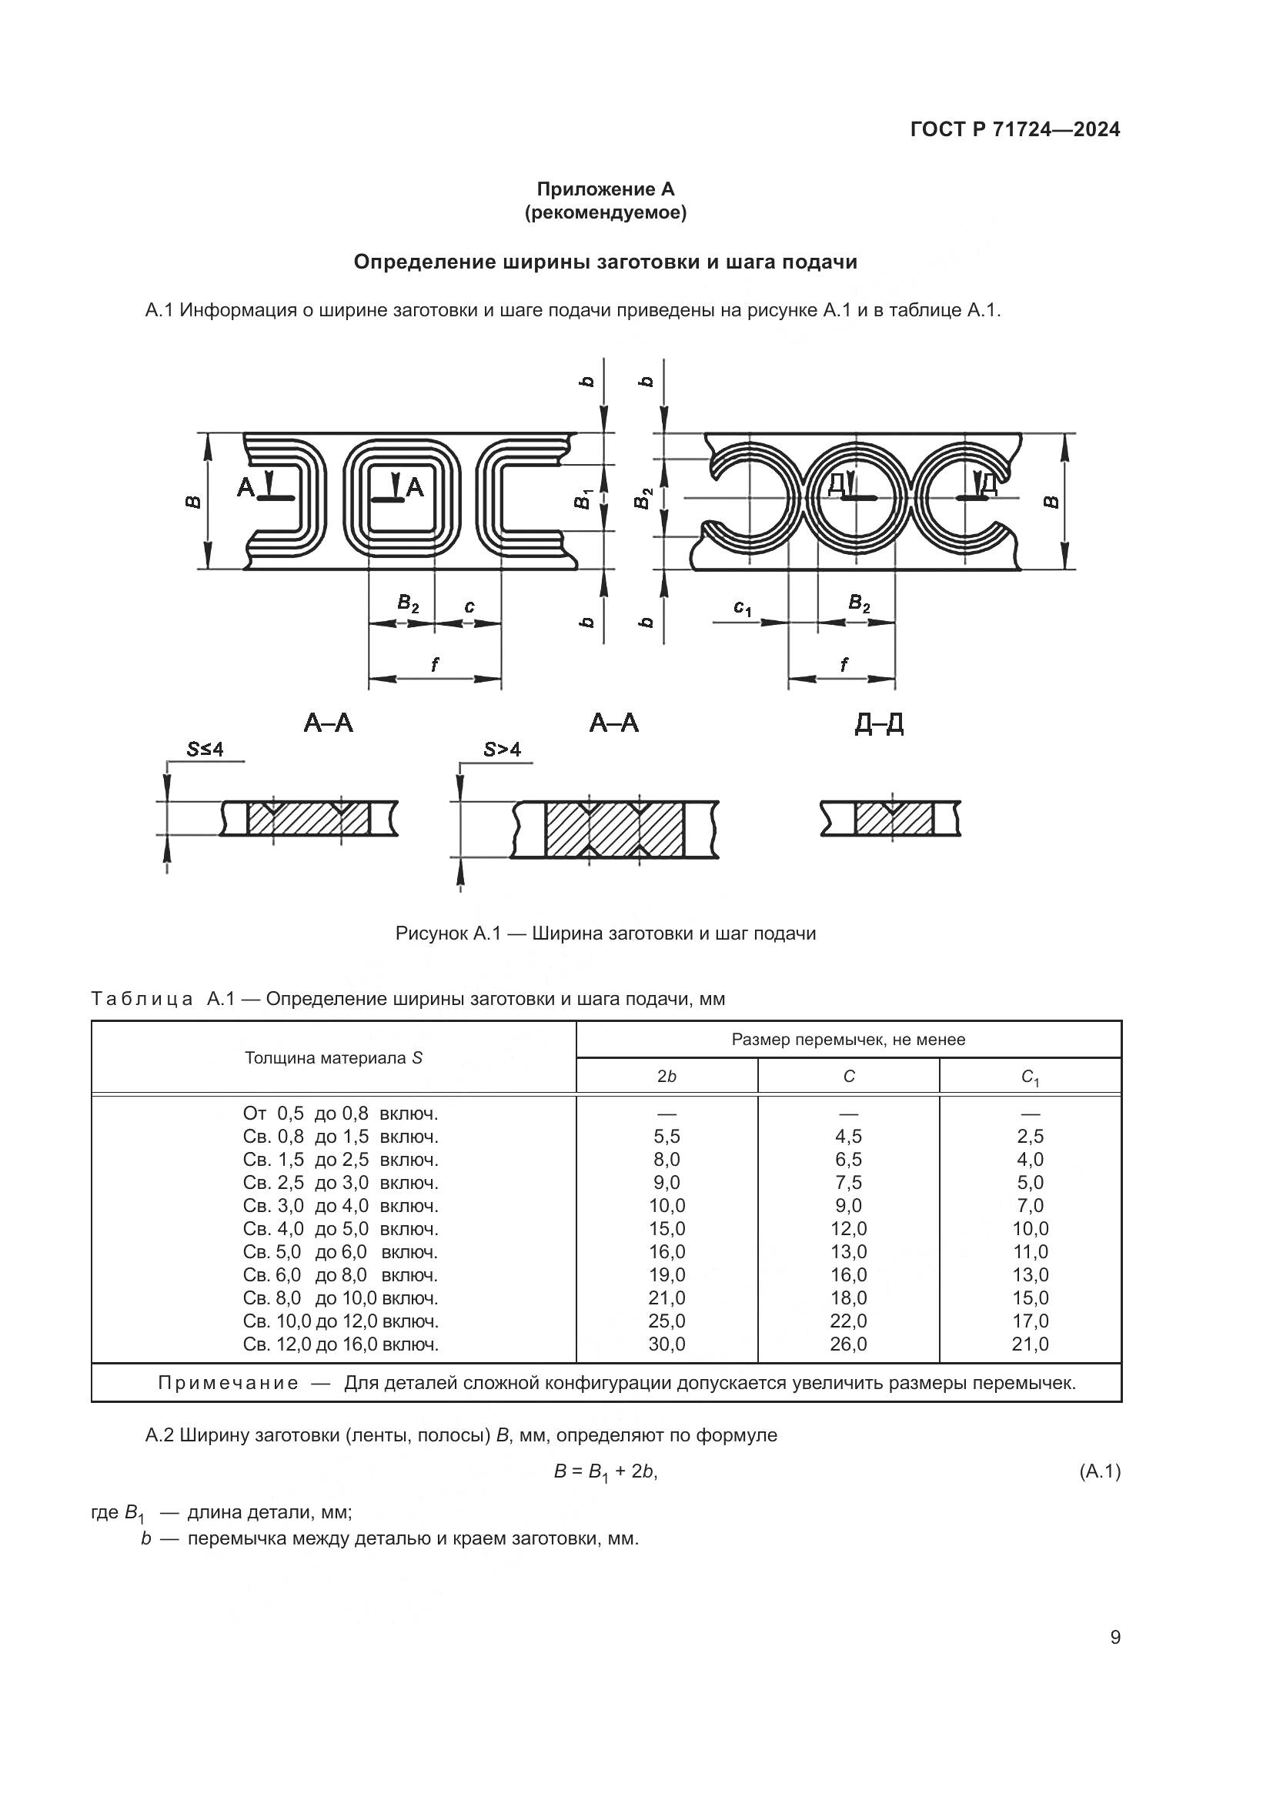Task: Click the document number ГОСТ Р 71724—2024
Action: click(x=1015, y=129)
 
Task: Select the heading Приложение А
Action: click(x=605, y=189)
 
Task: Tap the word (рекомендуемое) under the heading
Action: click(x=605, y=212)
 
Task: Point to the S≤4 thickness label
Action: click(x=205, y=750)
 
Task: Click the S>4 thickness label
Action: click(x=502, y=750)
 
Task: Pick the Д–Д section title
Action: click(x=879, y=723)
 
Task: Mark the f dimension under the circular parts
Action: click(x=844, y=665)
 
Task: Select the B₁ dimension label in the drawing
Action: click(x=583, y=498)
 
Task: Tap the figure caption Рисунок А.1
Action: click(x=605, y=933)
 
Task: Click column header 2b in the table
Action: click(x=667, y=1077)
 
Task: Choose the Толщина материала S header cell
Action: click(x=333, y=1057)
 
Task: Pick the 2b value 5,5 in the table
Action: click(x=667, y=1136)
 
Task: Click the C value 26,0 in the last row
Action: click(x=848, y=1344)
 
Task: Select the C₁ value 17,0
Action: click(x=1030, y=1321)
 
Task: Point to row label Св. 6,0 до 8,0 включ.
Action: click(x=340, y=1274)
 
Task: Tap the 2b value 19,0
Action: click(x=667, y=1274)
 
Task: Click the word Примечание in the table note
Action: click(x=228, y=1382)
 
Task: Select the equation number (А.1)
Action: click(x=1100, y=1471)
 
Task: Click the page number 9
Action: click(x=1115, y=1637)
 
